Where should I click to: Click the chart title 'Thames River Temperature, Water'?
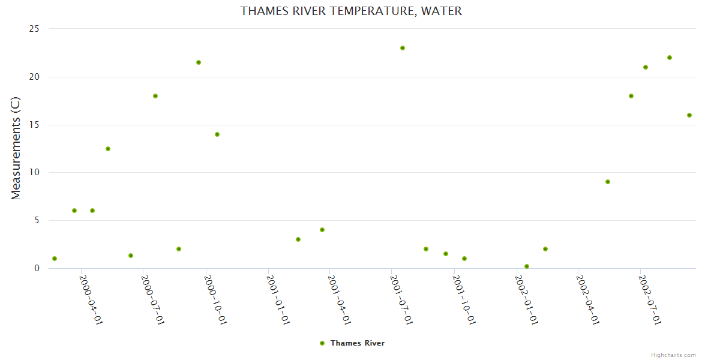tap(351, 11)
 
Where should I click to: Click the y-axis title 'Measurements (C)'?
tap(16, 148)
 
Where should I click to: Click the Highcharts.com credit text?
tap(673, 355)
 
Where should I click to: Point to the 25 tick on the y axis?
tap(34, 29)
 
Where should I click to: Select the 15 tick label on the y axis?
tap(34, 125)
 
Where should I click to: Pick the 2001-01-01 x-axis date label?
tap(279, 299)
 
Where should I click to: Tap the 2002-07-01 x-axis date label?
tap(650, 299)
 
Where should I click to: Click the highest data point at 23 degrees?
tap(403, 48)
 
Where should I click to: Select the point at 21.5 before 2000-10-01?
tap(199, 62)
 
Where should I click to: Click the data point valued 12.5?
tap(108, 149)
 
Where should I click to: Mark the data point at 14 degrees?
tap(217, 134)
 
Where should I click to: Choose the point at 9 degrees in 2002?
tap(608, 182)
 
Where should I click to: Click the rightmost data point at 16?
tap(689, 115)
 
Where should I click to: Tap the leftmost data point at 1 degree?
tap(55, 259)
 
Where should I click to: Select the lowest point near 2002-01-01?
tap(527, 266)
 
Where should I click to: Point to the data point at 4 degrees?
tap(322, 230)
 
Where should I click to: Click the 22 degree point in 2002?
tap(670, 58)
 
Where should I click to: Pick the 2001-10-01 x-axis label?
tap(464, 299)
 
